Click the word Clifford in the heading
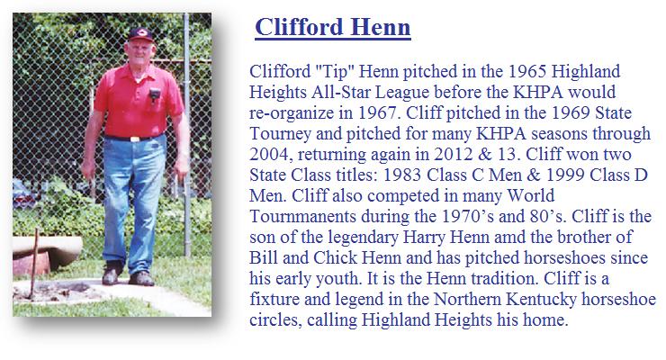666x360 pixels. [300, 27]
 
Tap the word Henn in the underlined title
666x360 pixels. [381, 27]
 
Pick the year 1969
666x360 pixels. [571, 112]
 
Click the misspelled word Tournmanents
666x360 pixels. [302, 216]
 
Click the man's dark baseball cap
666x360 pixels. [140, 34]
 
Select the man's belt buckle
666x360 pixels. [135, 139]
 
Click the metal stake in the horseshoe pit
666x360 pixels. [33, 263]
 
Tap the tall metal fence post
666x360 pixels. [187, 135]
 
